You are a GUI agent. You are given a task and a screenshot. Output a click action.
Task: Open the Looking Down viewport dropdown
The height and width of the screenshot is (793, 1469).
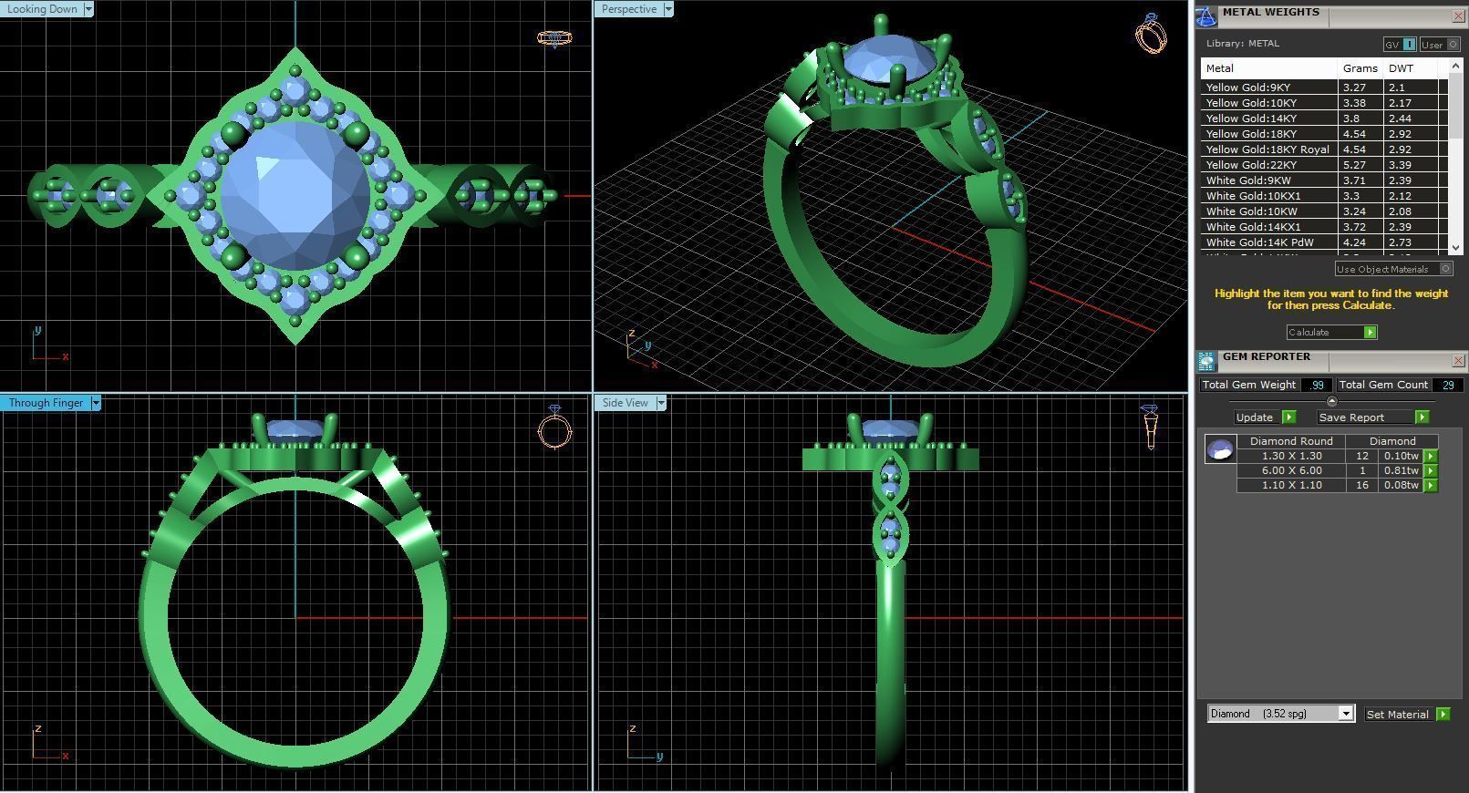88,9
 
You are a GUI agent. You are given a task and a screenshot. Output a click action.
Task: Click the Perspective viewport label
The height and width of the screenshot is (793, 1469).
628,9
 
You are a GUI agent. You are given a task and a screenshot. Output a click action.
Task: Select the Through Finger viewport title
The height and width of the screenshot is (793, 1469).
46,403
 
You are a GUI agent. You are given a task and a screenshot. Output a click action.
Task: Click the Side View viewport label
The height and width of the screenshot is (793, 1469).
625,403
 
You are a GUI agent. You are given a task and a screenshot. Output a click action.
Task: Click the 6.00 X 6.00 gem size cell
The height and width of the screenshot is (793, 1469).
1291,470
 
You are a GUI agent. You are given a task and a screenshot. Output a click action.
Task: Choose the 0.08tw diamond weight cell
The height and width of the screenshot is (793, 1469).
1400,485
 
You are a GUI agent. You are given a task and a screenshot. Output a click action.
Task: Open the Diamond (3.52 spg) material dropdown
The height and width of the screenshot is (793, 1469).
1345,714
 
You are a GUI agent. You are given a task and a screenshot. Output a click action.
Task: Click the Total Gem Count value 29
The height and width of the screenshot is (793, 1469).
1447,385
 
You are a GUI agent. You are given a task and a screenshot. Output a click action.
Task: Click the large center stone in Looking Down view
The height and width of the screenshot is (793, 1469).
295,195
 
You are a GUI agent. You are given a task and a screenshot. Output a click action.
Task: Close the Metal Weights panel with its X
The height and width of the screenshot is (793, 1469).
1457,15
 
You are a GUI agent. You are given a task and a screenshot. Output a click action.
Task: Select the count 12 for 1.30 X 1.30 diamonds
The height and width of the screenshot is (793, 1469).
1361,456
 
